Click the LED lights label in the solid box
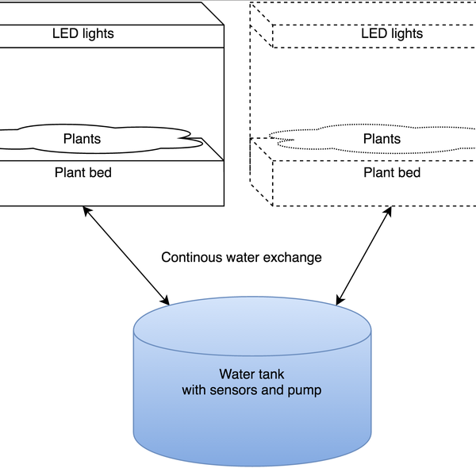pyautogui.click(x=83, y=33)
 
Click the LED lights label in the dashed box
pyautogui.click(x=392, y=33)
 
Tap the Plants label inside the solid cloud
pyautogui.click(x=83, y=139)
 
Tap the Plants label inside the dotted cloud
pyautogui.click(x=382, y=139)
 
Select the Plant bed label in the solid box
pyautogui.click(x=83, y=172)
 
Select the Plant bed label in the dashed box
pyautogui.click(x=392, y=172)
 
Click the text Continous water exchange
pyautogui.click(x=241, y=257)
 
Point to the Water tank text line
pyautogui.click(x=251, y=374)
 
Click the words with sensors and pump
pyautogui.click(x=251, y=390)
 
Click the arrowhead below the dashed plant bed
pyautogui.click(x=389, y=210)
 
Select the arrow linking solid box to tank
pyautogui.click(x=125, y=255)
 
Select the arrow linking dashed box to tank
pyautogui.click(x=364, y=255)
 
